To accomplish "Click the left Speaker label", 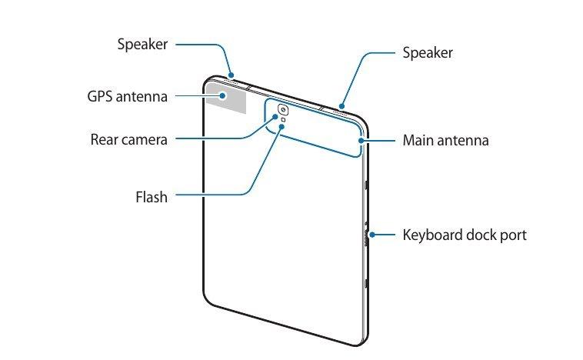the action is click(142, 45).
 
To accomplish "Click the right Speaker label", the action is click(428, 52).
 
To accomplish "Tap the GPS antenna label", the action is click(127, 96).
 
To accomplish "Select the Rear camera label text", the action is click(128, 139).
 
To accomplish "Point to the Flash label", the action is click(152, 197).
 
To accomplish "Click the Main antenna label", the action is click(445, 140).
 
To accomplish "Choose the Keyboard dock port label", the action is click(465, 235).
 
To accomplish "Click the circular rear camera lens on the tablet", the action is click(283, 110).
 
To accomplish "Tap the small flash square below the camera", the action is click(283, 120).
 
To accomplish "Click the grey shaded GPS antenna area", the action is click(226, 98).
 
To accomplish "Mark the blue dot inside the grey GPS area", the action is click(222, 95).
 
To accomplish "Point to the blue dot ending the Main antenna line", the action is click(361, 140).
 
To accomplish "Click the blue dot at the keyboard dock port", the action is click(371, 235).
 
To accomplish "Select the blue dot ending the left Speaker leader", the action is click(231, 75).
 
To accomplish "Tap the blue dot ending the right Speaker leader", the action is click(342, 106).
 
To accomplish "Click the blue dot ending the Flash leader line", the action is click(282, 127).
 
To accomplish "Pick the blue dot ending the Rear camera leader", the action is click(275, 117).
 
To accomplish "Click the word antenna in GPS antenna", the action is click(142, 97).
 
